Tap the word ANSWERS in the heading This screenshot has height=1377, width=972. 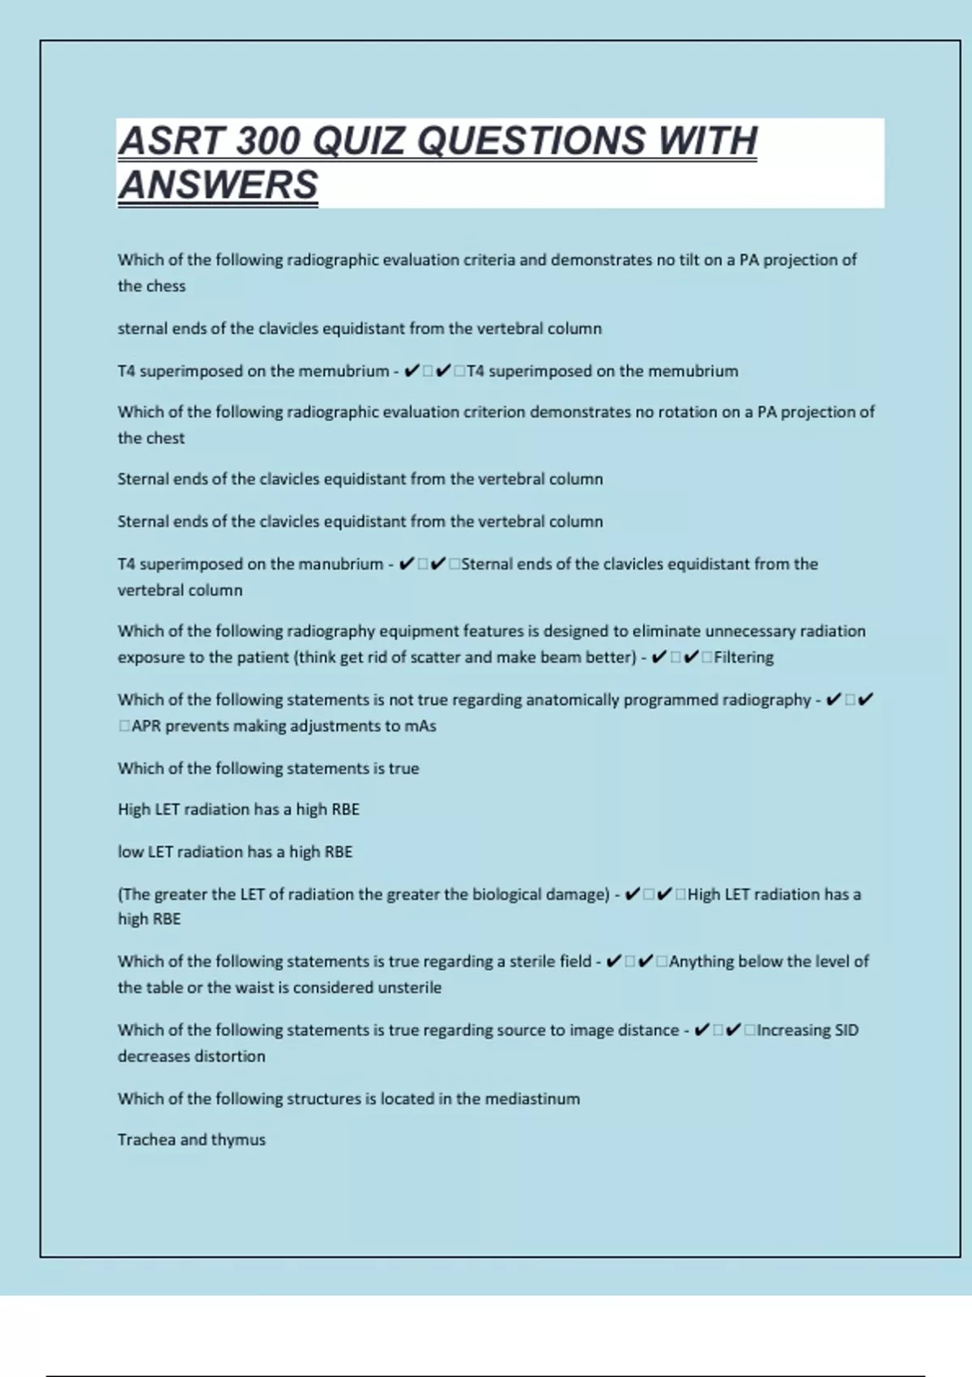pos(219,185)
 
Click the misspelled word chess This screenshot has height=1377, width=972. pos(168,286)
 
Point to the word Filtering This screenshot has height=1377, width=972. pos(744,657)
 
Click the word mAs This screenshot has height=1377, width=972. pos(420,726)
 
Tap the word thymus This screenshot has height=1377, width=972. pos(238,1140)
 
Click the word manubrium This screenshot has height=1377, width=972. pos(343,564)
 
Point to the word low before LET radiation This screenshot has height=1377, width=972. pos(130,851)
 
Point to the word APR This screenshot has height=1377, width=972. pos(146,726)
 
